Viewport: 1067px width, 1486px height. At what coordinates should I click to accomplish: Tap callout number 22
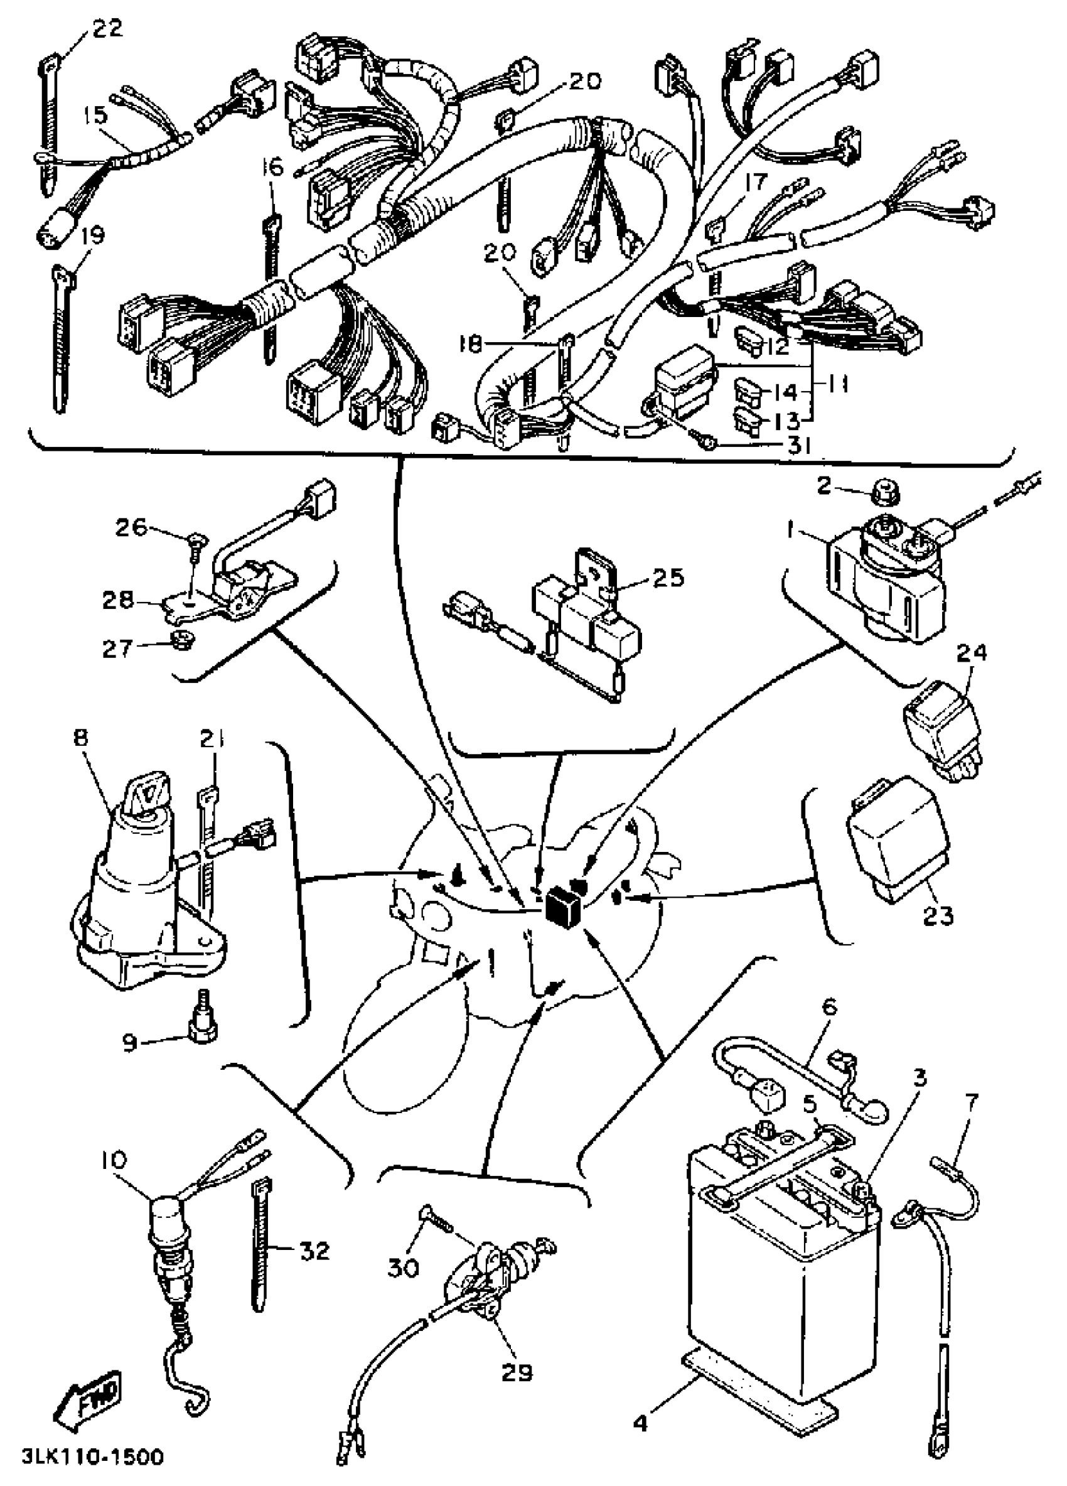click(107, 30)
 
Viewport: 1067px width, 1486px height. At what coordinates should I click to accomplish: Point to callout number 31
click(799, 446)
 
